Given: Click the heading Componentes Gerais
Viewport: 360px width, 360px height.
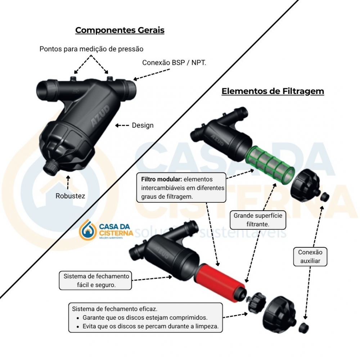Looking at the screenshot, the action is (120, 30).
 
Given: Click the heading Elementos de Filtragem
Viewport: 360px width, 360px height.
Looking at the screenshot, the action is (273, 91).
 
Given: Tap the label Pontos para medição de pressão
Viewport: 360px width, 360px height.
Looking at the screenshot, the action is (91, 49).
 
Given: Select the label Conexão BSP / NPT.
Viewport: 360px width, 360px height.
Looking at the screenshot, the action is (174, 63).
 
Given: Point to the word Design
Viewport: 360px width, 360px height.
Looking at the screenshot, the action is (143, 125).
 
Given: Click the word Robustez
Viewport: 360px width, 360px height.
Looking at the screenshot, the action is (70, 196).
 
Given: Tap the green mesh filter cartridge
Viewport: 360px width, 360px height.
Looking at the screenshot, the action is (270, 165).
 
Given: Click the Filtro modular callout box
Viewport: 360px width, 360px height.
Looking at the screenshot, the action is (181, 188).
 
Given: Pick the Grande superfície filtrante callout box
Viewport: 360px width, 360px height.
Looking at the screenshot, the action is (258, 220).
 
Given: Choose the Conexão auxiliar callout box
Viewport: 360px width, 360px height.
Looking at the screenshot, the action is (310, 257).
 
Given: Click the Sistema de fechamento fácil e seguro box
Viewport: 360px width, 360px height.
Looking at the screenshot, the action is (95, 280).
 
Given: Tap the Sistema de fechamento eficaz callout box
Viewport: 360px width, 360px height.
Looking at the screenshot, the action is (145, 318).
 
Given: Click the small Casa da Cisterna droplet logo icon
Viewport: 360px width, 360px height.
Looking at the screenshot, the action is (87, 230).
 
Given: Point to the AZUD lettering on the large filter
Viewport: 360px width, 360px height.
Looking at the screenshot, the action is (100, 116).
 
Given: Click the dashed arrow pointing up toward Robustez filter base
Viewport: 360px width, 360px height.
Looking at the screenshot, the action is (68, 183).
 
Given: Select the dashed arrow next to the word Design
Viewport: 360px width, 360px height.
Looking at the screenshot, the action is (122, 125).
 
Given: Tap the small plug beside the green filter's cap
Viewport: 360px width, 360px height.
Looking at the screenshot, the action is (324, 197).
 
